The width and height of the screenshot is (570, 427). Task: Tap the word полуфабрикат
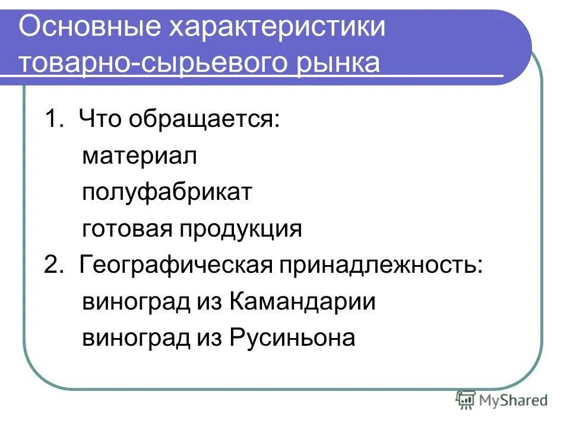tap(168, 193)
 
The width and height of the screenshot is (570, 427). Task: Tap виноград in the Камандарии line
tap(136, 302)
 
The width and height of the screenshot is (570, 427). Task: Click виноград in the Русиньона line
tap(136, 338)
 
